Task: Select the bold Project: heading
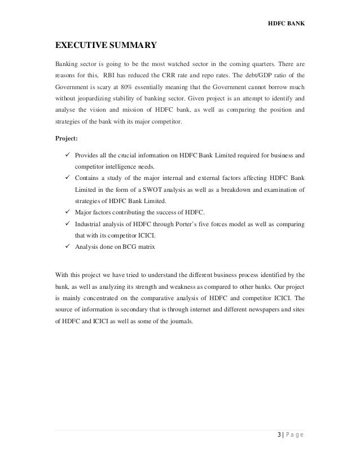pos(67,137)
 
